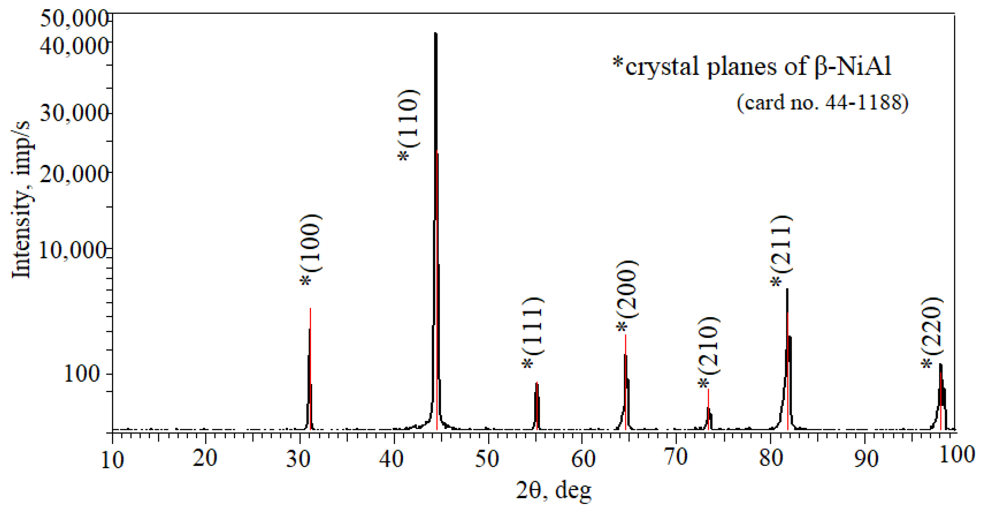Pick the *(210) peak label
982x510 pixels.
click(x=709, y=352)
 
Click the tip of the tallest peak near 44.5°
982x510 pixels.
click(x=435, y=33)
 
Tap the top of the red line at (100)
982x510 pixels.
click(x=310, y=308)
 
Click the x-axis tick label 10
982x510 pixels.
click(x=112, y=460)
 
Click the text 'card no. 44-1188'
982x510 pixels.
click(x=822, y=102)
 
